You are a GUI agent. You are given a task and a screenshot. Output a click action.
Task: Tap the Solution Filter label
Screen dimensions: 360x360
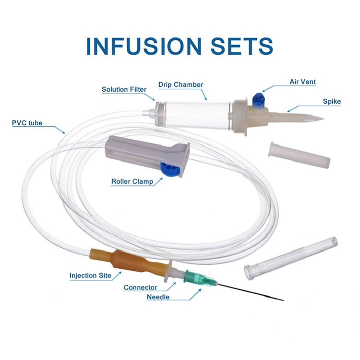point(124,89)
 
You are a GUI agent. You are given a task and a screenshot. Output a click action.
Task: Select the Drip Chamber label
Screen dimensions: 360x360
point(180,85)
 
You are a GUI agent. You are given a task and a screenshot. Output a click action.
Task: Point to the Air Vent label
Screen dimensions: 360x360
point(302,82)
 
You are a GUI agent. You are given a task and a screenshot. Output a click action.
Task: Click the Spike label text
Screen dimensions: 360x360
point(332,102)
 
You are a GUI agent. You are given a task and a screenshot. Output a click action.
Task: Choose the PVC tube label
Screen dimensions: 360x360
point(27,123)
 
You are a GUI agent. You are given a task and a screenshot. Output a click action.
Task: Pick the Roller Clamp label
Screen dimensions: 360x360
point(132,182)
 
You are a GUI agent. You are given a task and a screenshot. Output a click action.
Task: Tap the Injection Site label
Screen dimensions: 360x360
point(90,276)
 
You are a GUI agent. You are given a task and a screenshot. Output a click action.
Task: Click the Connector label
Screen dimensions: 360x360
point(140,288)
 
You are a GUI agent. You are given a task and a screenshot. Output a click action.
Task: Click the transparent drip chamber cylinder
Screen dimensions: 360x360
point(197,114)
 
